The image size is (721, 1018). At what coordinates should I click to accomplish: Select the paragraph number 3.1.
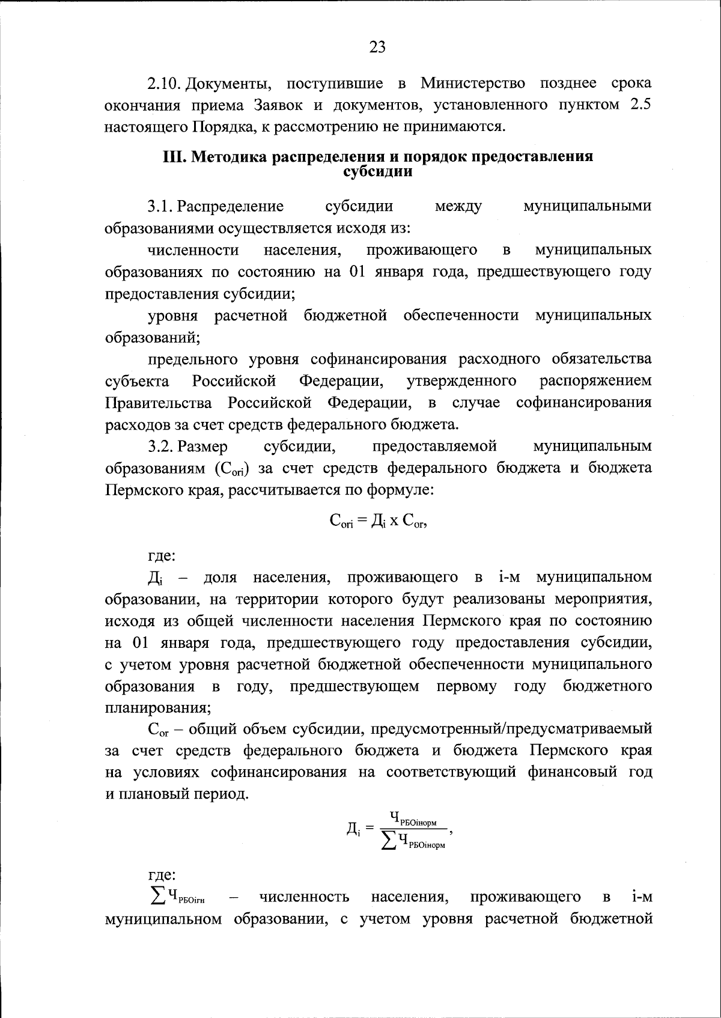click(x=160, y=206)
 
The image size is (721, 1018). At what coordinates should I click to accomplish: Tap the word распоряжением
click(x=595, y=381)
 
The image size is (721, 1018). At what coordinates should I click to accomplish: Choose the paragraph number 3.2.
click(x=160, y=447)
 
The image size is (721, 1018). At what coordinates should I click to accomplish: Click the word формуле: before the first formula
click(x=404, y=490)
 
